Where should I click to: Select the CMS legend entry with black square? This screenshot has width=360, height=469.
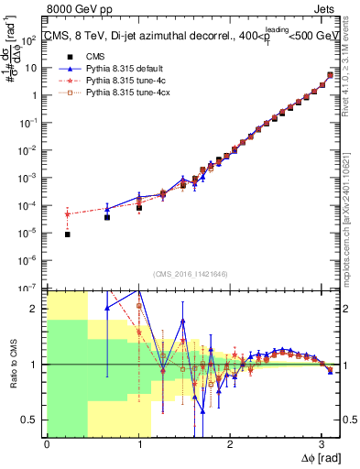coord(89,57)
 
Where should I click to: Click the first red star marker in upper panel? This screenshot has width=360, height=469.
coord(68,214)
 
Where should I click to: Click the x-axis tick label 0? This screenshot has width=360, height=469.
coord(47,443)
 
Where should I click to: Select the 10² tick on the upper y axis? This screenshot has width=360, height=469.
coord(30,40)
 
